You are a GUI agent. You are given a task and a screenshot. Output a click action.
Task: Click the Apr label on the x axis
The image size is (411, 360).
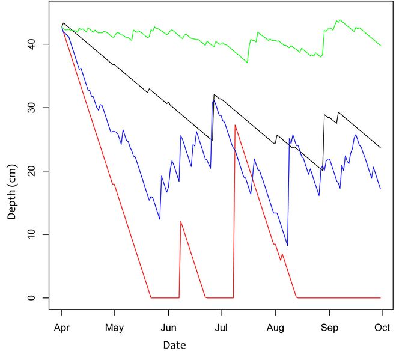61,328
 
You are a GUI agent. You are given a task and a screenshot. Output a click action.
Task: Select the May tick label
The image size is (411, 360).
114,328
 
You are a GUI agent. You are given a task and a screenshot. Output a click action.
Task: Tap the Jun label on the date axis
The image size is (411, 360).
168,328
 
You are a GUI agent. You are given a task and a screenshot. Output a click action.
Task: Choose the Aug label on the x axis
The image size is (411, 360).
275,328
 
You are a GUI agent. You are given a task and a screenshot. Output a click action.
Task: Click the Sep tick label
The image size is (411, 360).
329,328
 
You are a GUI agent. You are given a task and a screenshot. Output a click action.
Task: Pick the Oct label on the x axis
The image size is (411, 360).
382,328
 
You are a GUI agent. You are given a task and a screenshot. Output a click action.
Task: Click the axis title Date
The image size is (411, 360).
174,346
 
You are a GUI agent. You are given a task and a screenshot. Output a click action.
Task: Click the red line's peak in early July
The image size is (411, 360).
235,125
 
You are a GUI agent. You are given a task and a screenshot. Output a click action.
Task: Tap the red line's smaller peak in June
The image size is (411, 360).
180,221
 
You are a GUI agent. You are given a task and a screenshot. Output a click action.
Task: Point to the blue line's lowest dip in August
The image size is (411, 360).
287,245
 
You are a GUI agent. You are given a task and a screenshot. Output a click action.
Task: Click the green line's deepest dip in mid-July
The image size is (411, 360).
247,63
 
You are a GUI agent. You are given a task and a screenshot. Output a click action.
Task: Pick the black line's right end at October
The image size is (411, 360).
380,148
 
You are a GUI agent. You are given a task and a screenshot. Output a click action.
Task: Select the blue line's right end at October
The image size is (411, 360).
380,189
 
